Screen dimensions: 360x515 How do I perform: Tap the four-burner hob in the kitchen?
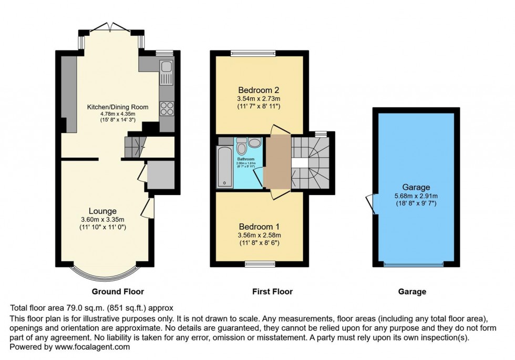(x=167, y=108)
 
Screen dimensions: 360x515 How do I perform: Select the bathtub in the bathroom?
(x=224, y=167)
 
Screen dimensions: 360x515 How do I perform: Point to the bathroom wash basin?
(x=254, y=142)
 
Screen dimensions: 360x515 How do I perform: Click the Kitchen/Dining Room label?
(x=118, y=107)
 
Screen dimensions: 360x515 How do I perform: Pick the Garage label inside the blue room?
(x=417, y=187)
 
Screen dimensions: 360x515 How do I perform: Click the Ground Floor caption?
(x=118, y=291)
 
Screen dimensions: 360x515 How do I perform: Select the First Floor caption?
(x=272, y=291)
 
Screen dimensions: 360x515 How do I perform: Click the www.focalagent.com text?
(x=89, y=347)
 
